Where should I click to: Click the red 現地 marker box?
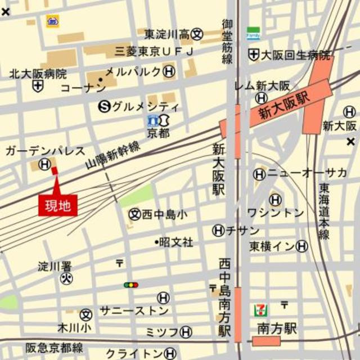click(x=57, y=205)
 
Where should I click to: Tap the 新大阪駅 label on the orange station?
click(x=285, y=106)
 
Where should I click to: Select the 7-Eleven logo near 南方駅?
click(x=260, y=310)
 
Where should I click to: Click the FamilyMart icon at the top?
click(x=253, y=33)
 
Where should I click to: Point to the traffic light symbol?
click(x=131, y=285)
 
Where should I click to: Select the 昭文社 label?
click(x=175, y=242)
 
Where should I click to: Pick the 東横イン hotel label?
click(x=272, y=246)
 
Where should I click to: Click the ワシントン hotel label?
click(x=276, y=213)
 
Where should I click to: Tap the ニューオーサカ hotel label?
click(x=307, y=173)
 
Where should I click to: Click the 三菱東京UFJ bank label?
click(x=154, y=52)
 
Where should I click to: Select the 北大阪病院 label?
click(x=38, y=74)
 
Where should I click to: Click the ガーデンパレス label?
click(x=45, y=151)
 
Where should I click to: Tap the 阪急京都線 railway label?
click(x=54, y=347)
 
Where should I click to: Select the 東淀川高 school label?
click(x=166, y=34)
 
